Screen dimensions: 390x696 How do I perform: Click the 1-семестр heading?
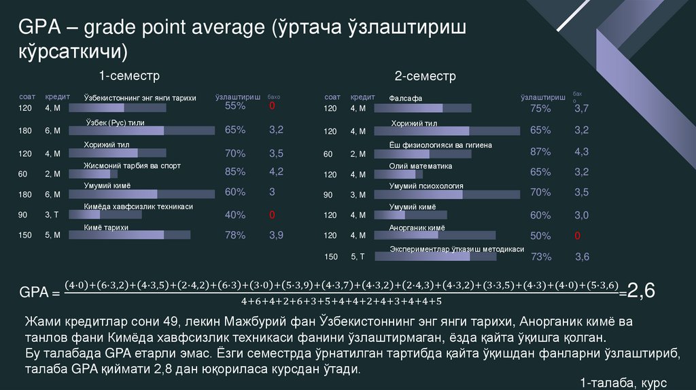[129, 75]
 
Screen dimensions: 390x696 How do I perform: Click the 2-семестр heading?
[425, 75]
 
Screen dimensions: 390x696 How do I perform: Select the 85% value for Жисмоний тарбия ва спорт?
[235, 172]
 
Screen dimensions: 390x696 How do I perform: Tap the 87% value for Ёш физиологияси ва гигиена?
[540, 152]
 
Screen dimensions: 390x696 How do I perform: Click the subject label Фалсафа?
[406, 99]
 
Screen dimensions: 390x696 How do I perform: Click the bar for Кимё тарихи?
[137, 235]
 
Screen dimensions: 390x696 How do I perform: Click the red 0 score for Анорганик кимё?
[577, 236]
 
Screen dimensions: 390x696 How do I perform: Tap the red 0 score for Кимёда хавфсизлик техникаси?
[271, 215]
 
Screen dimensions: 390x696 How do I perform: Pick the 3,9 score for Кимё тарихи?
[276, 235]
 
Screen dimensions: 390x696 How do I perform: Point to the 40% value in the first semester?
[235, 215]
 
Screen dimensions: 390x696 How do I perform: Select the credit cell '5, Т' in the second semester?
[358, 257]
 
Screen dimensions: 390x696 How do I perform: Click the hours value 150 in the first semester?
[25, 236]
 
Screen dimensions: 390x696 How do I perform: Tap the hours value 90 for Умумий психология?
[328, 195]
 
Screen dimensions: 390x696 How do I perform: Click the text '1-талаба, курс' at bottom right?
[623, 383]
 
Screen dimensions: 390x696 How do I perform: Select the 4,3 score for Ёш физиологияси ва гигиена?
[581, 152]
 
